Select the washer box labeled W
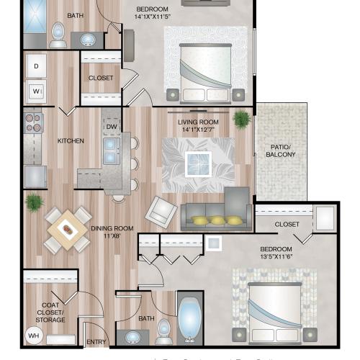tap(35, 91)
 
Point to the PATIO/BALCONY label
tap(281, 150)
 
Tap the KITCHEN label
tap(71, 140)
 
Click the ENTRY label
tap(96, 342)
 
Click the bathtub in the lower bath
tap(189, 318)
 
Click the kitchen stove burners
tap(33, 125)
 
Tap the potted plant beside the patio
tap(241, 119)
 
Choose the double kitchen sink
tap(112, 151)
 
